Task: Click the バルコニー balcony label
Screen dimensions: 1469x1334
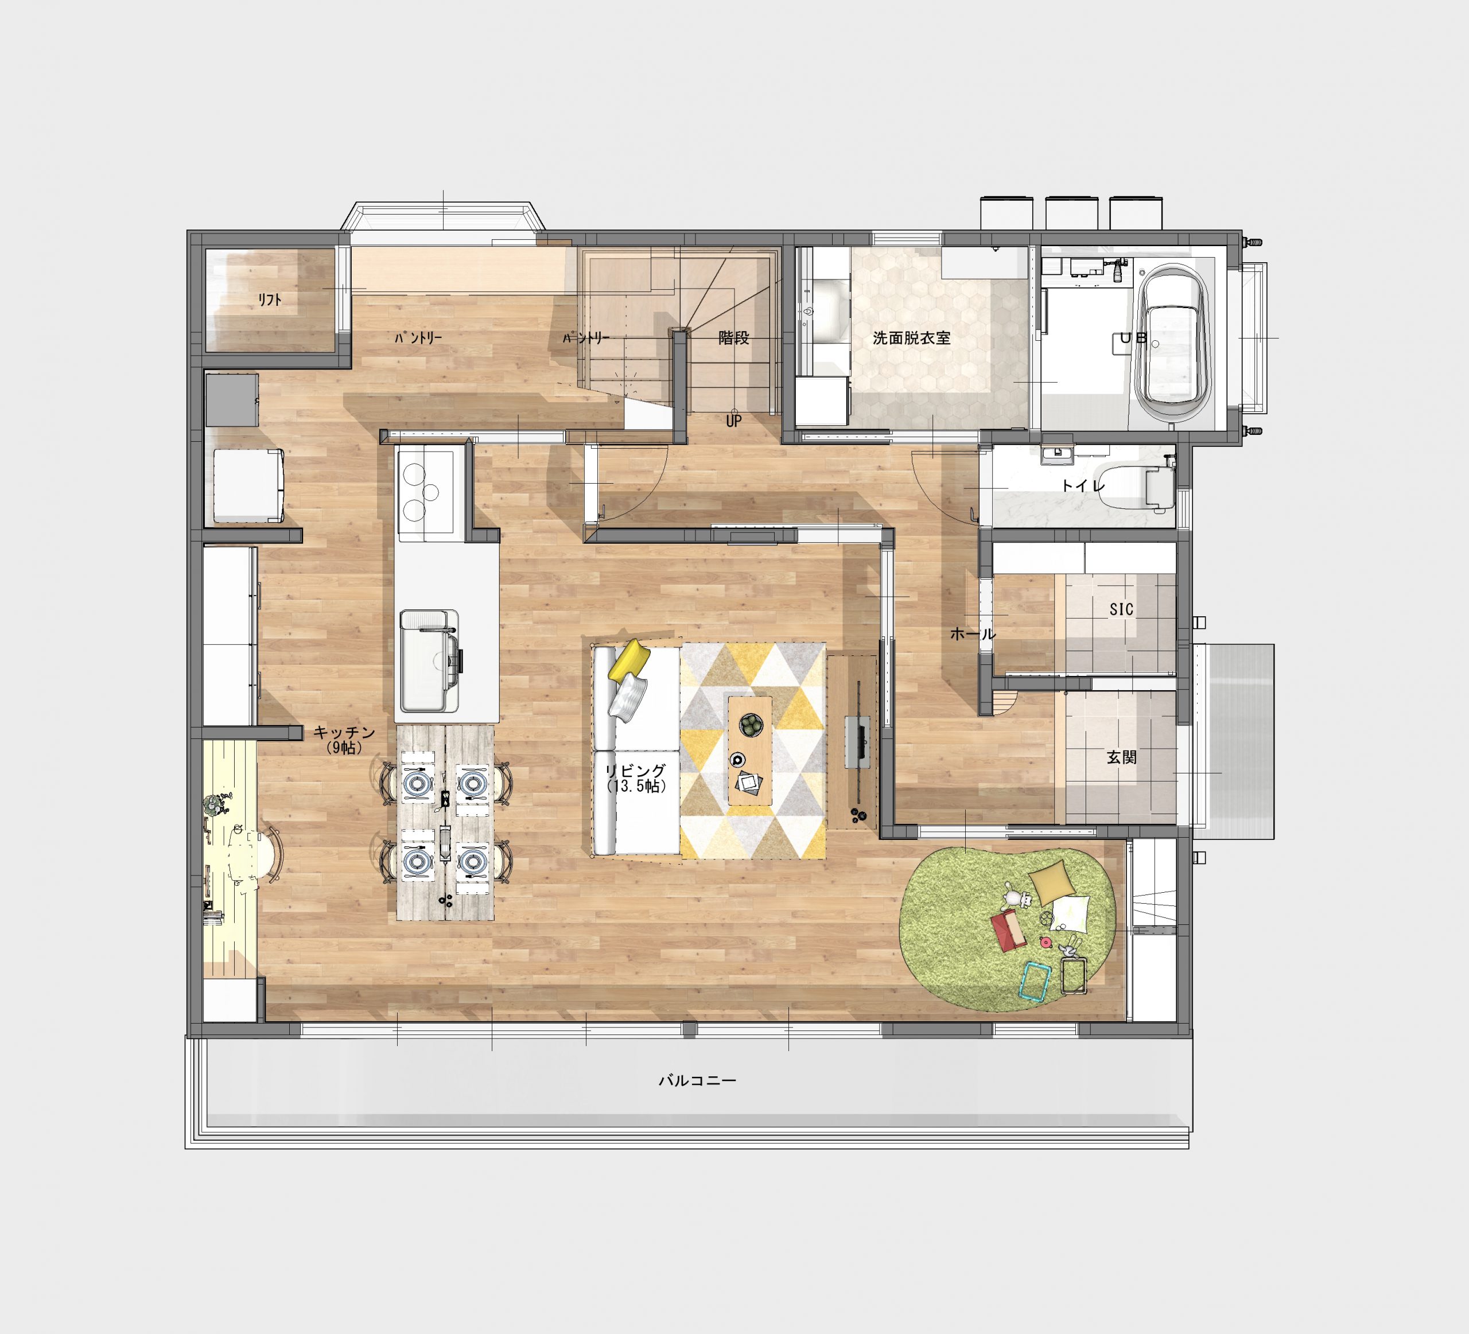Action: [697, 1080]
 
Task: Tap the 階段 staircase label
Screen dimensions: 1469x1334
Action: [734, 337]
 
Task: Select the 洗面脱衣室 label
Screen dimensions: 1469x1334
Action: [912, 338]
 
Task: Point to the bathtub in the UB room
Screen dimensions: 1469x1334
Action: [1172, 343]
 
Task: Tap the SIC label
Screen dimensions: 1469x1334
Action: [1121, 609]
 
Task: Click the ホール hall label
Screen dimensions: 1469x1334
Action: [973, 634]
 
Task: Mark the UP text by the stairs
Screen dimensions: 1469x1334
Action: [734, 421]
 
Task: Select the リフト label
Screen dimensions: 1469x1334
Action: [270, 300]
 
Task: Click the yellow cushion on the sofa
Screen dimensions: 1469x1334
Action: [629, 660]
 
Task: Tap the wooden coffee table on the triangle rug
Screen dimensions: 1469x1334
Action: [750, 750]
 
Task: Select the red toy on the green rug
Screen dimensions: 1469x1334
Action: [1008, 931]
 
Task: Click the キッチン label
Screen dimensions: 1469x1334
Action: [344, 733]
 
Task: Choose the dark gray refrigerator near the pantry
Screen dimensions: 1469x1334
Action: [232, 400]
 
